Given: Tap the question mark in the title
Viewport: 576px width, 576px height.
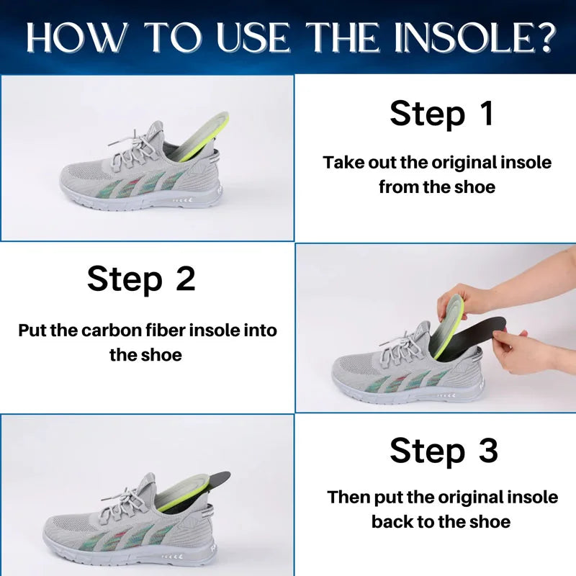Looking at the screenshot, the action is [543, 37].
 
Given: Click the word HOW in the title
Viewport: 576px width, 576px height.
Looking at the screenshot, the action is [77, 37].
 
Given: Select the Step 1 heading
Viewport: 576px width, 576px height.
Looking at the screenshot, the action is [441, 114].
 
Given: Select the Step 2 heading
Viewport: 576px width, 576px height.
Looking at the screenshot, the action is [141, 279].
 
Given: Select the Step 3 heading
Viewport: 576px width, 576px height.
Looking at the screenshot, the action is [444, 451].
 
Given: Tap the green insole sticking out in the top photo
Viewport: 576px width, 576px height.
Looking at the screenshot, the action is [200, 137].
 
